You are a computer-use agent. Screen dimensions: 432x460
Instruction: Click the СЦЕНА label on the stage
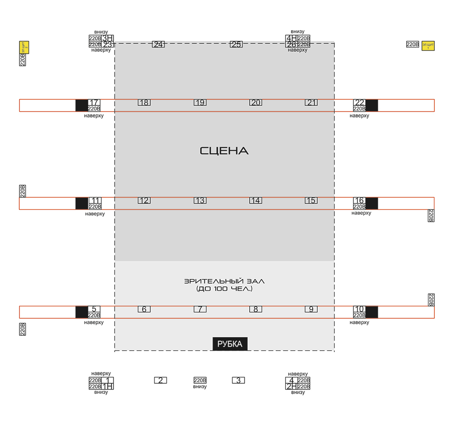pos(224,151)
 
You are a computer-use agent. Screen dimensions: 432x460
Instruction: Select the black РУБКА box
pos(230,344)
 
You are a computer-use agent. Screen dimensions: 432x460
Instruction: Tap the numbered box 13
pos(200,200)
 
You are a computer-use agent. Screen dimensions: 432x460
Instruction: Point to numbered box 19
pos(200,102)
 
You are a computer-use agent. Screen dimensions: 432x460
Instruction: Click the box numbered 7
pos(200,309)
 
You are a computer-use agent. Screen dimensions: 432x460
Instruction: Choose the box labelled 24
pos(158,44)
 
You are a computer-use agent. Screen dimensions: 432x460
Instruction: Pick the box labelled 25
pos(236,44)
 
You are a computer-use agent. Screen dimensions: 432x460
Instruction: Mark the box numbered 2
pos(160,380)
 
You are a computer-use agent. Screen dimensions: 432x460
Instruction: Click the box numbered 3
pos(238,380)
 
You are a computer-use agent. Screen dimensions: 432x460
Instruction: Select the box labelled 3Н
pos(108,38)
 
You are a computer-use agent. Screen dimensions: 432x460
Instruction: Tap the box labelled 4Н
pos(291,38)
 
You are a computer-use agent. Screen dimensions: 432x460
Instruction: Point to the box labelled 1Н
pos(107,386)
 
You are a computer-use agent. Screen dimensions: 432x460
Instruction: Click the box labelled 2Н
pos(291,386)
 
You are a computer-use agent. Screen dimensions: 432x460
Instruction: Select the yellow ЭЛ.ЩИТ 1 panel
pos(428,46)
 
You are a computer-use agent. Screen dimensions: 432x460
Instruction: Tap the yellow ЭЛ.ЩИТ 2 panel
pos(24,47)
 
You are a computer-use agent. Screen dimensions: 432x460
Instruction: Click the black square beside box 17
pos(81,105)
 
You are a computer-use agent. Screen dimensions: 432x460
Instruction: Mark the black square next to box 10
pos(372,312)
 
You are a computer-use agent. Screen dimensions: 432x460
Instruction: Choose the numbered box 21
pos(311,102)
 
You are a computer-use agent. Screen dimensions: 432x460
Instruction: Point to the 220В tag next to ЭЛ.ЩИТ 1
pos(412,45)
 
